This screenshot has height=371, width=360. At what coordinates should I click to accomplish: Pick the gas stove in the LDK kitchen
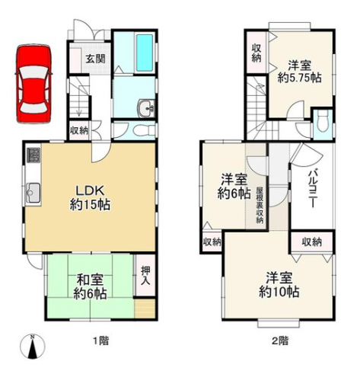[33, 155]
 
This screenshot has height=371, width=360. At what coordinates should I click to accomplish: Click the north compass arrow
[31, 347]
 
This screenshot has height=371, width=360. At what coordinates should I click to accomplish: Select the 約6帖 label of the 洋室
[235, 193]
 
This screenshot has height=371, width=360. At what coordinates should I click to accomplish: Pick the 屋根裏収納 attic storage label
[260, 204]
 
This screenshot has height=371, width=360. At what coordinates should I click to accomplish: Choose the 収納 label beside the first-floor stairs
[78, 130]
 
